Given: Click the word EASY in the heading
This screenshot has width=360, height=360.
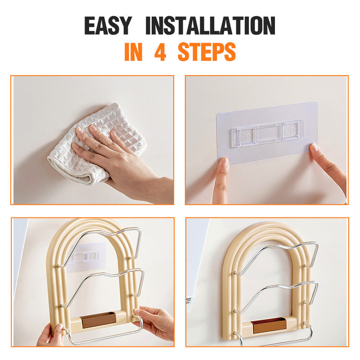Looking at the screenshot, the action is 108,25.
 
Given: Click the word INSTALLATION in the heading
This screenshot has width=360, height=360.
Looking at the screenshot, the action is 211,25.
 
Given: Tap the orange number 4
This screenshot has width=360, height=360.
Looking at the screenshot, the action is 160,52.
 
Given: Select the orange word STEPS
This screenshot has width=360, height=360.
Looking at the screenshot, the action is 207,52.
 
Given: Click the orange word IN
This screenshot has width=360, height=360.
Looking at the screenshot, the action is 133,52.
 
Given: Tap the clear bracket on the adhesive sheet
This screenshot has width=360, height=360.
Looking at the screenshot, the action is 267,133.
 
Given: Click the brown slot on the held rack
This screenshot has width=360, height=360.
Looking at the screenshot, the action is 99,320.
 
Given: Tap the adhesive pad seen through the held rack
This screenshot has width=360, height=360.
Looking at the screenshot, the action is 87,257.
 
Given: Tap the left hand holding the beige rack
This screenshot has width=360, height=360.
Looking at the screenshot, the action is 51,336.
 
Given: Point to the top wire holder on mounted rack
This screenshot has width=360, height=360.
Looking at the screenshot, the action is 275,257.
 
